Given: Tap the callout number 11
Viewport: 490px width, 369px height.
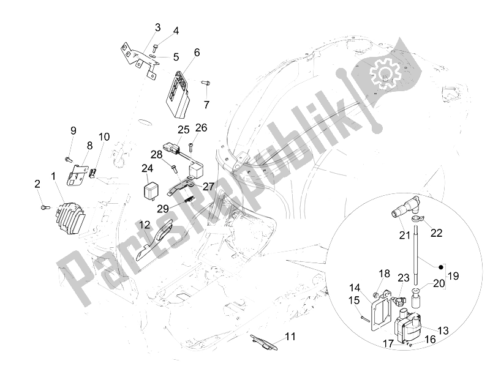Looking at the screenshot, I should click(x=290, y=336).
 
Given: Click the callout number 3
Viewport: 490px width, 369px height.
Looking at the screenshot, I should click(x=157, y=28).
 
